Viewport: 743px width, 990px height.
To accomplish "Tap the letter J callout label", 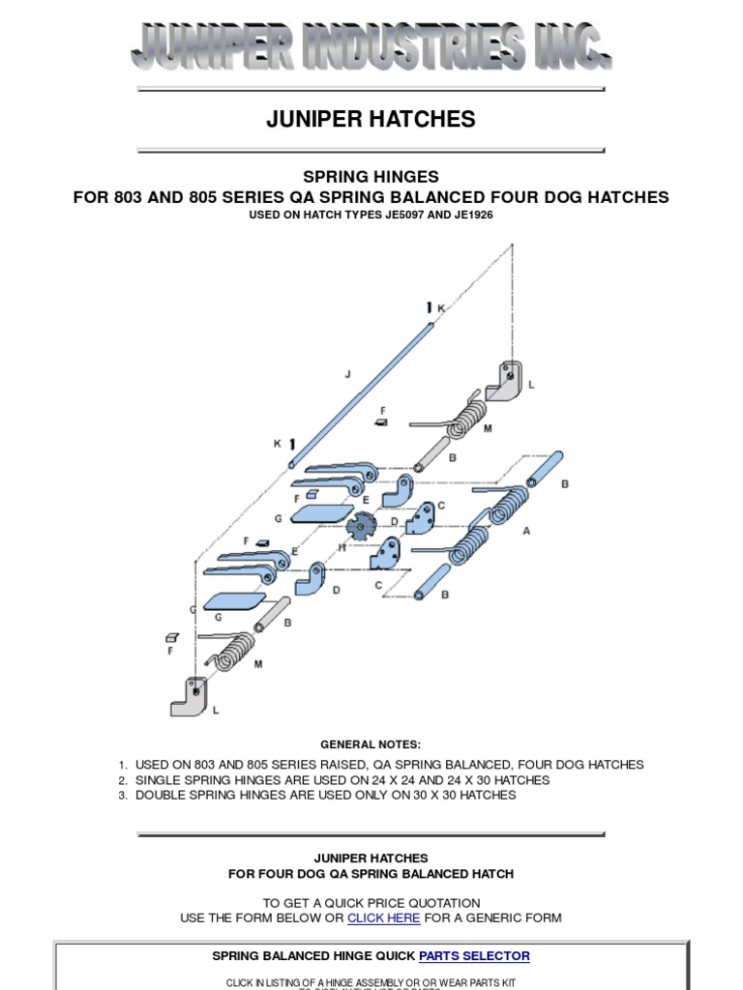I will pyautogui.click(x=346, y=373).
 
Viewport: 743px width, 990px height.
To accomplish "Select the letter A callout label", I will pyautogui.click(x=526, y=531).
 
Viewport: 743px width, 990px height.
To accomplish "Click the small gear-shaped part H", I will pyautogui.click(x=360, y=528).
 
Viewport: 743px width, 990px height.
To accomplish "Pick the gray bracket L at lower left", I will pyautogui.click(x=190, y=695).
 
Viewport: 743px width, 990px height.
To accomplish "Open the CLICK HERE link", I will pyautogui.click(x=384, y=917).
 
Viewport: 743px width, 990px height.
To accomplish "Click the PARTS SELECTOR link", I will pyautogui.click(x=474, y=956).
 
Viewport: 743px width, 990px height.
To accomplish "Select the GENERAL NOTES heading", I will pyautogui.click(x=371, y=744).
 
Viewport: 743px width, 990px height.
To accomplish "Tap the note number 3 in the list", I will pyautogui.click(x=123, y=796).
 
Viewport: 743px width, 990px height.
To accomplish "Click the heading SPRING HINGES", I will pyautogui.click(x=371, y=177).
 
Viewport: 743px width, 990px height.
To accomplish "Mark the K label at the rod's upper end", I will pyautogui.click(x=441, y=308).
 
